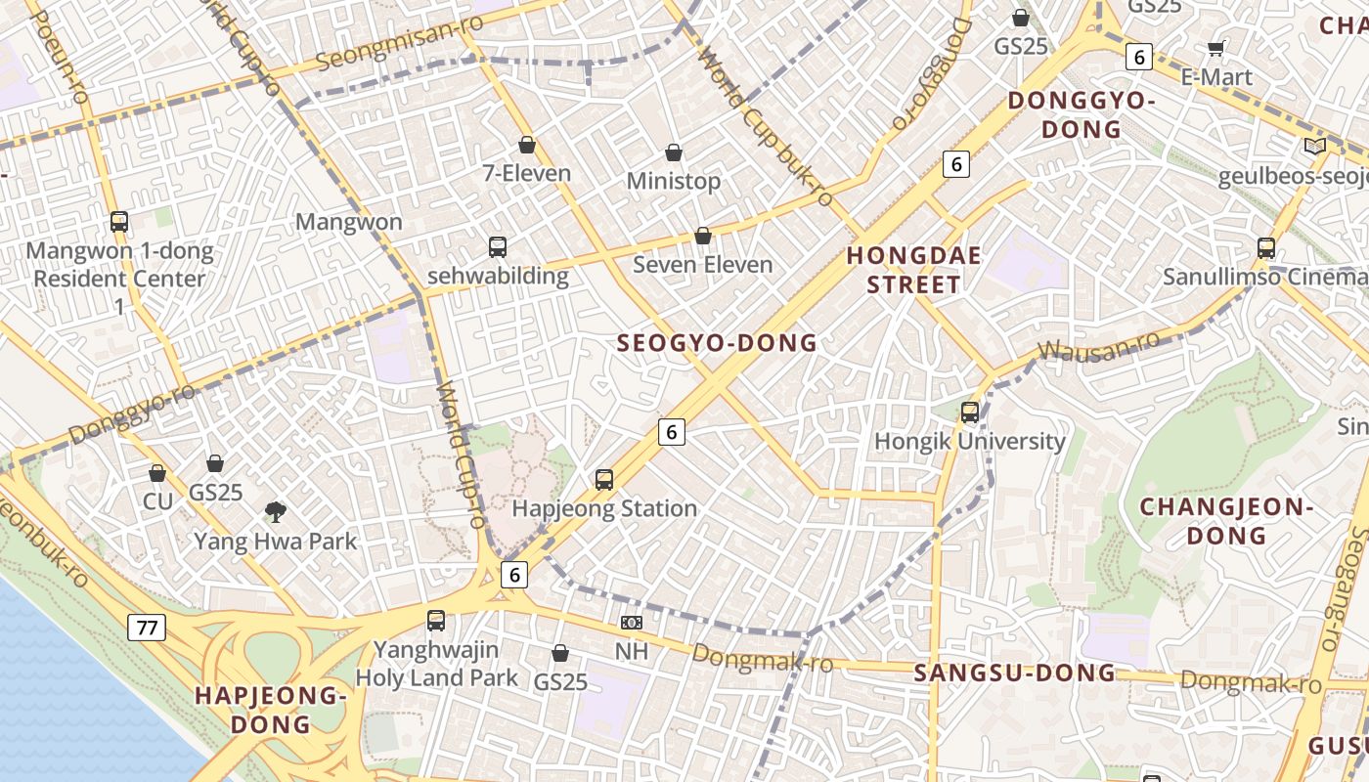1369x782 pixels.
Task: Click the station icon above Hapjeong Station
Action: click(x=604, y=479)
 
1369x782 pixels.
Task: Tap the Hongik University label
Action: click(x=969, y=441)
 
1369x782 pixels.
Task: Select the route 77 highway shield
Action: click(x=147, y=628)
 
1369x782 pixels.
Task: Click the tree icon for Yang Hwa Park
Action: click(x=276, y=510)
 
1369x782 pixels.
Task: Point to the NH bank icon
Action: click(x=632, y=622)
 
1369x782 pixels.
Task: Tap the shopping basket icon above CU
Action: click(x=157, y=473)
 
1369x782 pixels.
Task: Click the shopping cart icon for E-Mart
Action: click(x=1216, y=48)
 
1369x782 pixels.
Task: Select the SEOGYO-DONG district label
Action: click(x=717, y=343)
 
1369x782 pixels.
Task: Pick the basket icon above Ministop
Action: click(x=674, y=152)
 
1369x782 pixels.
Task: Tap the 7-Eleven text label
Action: click(x=527, y=174)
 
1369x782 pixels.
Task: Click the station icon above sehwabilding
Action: click(x=498, y=246)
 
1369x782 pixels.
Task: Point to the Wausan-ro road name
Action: click(x=1098, y=346)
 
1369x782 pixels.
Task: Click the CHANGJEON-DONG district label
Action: click(x=1225, y=520)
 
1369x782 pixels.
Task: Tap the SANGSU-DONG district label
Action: click(x=1014, y=673)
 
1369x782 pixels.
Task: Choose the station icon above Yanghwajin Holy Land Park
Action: click(x=436, y=620)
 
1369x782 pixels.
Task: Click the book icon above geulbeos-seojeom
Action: click(x=1315, y=146)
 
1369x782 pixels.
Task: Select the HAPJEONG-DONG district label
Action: click(x=271, y=710)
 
